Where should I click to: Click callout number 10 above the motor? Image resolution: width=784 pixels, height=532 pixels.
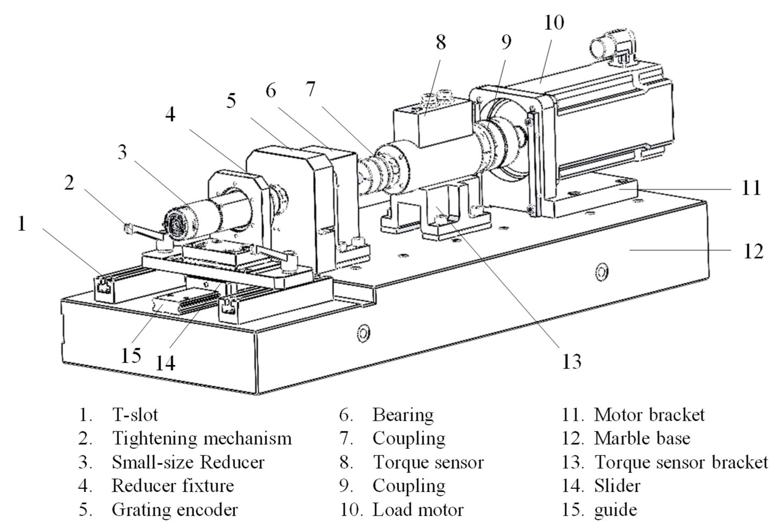coord(554,23)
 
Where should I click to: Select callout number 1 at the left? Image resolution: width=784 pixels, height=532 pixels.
coord(22,224)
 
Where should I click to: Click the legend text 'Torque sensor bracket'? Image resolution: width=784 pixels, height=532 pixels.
coord(681,462)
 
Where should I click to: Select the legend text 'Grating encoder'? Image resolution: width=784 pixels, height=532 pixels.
coord(175,510)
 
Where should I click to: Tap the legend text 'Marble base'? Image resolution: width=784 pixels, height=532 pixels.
coord(642,438)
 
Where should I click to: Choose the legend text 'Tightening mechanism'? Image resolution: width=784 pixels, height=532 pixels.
coord(202,438)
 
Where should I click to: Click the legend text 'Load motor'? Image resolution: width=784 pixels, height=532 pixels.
coord(418,510)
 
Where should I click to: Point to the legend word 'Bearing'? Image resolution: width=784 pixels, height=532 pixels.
coord(403,415)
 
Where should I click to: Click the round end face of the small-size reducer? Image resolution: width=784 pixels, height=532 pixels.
coord(176,224)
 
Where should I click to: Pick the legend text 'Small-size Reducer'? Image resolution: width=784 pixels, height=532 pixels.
coord(188,462)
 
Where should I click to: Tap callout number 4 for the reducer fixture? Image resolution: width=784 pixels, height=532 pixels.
coord(170,115)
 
